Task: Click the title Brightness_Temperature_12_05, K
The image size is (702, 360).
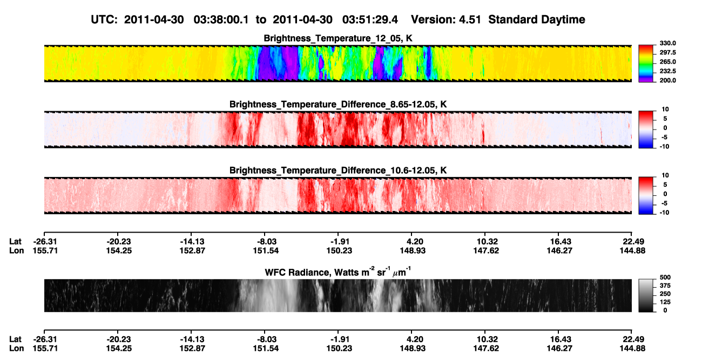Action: (338, 38)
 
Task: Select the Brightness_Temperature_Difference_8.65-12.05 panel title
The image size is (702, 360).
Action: (338, 104)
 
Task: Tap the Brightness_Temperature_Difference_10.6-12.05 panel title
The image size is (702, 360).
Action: (338, 171)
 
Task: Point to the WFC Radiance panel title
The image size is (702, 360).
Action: (338, 272)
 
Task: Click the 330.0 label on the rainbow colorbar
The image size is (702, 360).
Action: (667, 43)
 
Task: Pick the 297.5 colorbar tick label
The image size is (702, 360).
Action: (667, 52)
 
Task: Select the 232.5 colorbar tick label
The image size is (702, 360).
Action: (667, 71)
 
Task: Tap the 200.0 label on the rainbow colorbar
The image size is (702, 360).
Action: (667, 80)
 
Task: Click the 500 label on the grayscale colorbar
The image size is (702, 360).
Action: (665, 277)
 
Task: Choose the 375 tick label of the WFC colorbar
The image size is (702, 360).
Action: (665, 286)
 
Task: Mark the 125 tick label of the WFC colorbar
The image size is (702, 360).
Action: (665, 302)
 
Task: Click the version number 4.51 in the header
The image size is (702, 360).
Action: (470, 20)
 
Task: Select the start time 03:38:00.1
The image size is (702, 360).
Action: (221, 20)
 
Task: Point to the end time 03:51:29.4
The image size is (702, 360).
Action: (370, 20)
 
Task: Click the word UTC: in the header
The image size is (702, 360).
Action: (104, 20)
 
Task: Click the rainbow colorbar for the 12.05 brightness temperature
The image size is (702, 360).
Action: (646, 64)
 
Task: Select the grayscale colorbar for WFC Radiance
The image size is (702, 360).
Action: (646, 295)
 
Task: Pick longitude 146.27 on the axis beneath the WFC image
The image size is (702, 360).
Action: (559, 349)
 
